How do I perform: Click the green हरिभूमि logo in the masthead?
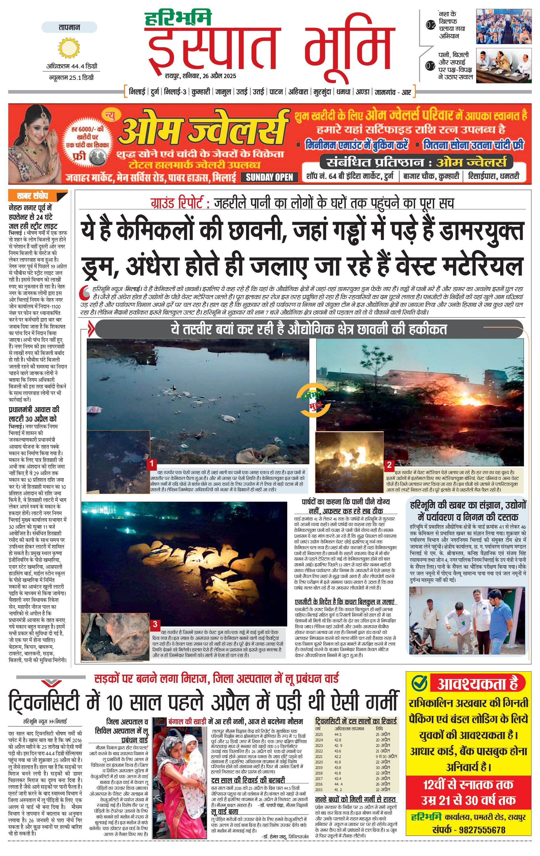coord(178,19)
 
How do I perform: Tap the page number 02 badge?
coord(431,25)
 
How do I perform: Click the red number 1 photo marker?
coord(151,463)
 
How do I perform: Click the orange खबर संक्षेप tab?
coord(33,196)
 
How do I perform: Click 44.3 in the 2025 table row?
coord(338,735)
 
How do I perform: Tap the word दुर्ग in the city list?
coord(155,92)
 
